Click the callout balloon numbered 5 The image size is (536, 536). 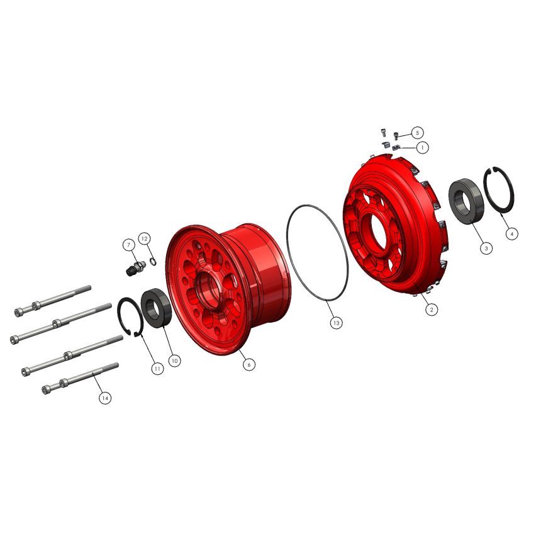[x=417, y=133]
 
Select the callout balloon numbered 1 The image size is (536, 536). [x=423, y=148]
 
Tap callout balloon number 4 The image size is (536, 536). [x=511, y=234]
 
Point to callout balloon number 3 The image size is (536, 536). [x=486, y=248]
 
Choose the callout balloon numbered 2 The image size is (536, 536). [x=432, y=310]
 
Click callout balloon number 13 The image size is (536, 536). [x=337, y=323]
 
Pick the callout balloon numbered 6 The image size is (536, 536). [x=249, y=365]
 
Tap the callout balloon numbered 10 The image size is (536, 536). [x=174, y=360]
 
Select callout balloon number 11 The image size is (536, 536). [x=157, y=369]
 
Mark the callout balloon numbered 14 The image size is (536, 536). [x=105, y=398]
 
